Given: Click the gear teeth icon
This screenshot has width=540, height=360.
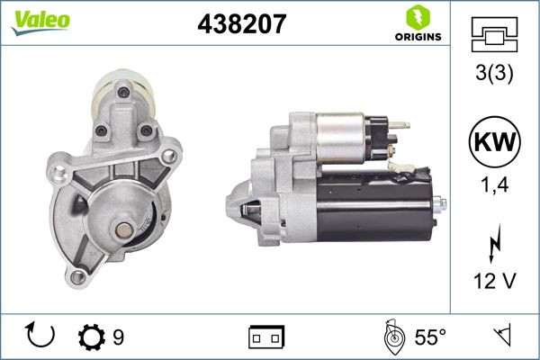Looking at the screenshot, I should click(92, 337).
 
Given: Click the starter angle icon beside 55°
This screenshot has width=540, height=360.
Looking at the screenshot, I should click(391, 337).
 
